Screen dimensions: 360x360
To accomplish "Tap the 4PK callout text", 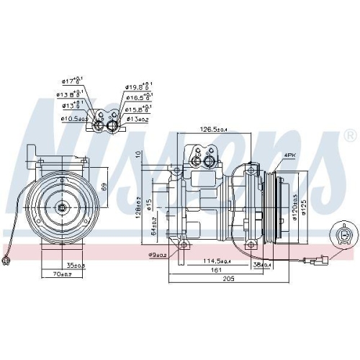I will (x=290, y=155).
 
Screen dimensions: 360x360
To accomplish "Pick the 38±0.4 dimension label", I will (x=261, y=264).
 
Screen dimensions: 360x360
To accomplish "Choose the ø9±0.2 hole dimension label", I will (x=158, y=255).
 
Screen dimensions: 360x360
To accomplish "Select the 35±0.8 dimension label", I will (x=76, y=266).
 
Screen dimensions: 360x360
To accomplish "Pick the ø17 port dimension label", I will (x=72, y=81).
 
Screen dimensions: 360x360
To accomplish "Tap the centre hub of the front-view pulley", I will (x=62, y=207).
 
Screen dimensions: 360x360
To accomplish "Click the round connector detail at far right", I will (x=346, y=234).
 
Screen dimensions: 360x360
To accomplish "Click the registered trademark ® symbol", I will (x=349, y=135).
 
